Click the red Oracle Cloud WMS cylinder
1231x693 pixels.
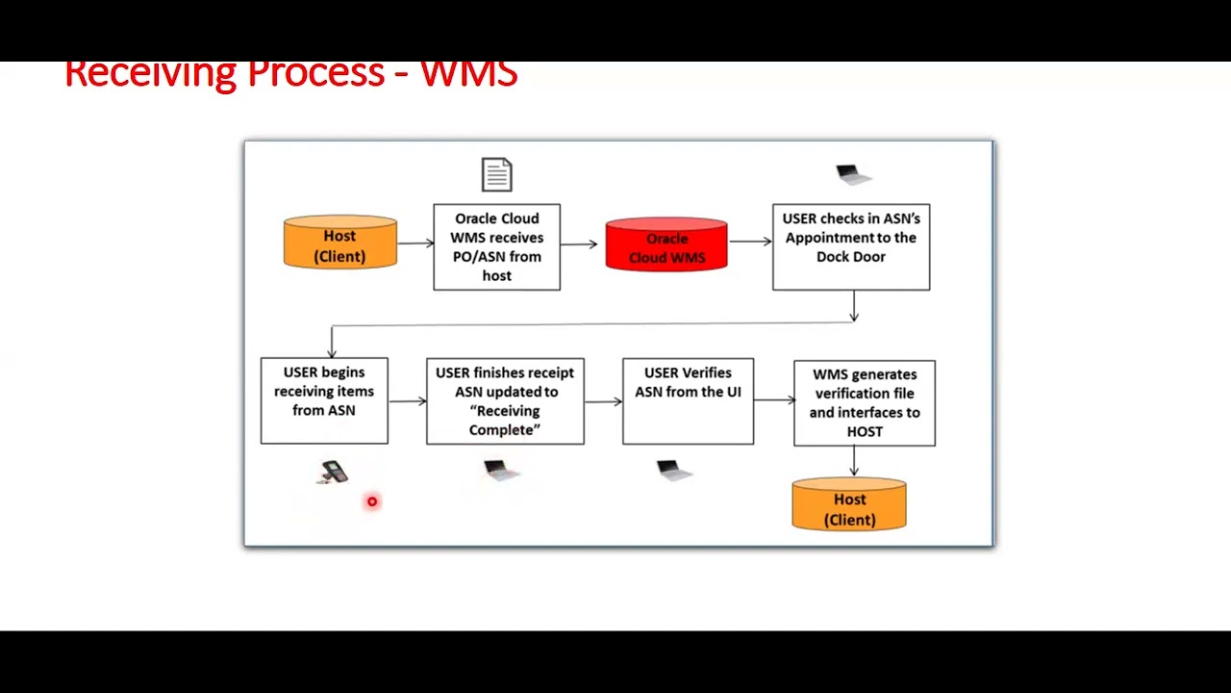click(666, 245)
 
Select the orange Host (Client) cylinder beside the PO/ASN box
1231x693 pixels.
click(339, 243)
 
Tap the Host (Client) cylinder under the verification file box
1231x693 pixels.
click(848, 506)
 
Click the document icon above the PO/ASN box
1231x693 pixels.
click(496, 175)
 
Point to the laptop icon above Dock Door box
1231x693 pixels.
click(852, 174)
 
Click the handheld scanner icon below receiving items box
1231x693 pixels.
click(333, 472)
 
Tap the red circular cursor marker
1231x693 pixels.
click(372, 501)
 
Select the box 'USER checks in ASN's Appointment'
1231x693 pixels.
click(850, 246)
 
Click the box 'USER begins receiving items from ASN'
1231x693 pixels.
click(324, 400)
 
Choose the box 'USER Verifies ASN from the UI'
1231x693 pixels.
click(688, 401)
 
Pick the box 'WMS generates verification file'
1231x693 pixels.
click(864, 402)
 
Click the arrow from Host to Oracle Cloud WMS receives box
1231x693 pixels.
click(415, 244)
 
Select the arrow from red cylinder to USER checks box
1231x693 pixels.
click(749, 242)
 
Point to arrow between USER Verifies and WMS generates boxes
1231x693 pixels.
click(773, 401)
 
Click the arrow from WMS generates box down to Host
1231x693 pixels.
click(853, 461)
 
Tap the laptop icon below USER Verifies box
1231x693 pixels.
click(672, 470)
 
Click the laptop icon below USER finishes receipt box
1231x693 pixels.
click(499, 470)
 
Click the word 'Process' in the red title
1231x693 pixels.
click(315, 73)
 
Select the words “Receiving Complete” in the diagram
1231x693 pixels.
click(505, 421)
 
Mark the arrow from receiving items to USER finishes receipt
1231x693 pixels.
click(407, 401)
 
